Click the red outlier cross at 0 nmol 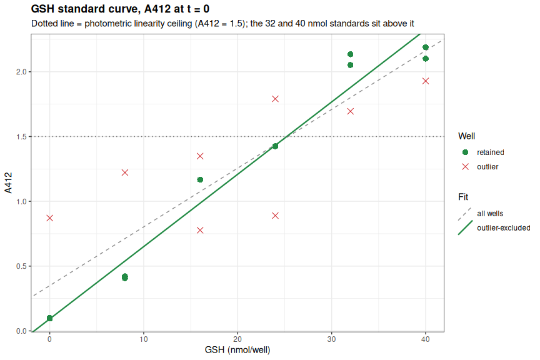point(49,218)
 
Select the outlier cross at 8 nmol point(125,172)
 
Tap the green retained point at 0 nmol point(49,318)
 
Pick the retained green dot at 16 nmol point(200,180)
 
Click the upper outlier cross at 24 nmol point(275,99)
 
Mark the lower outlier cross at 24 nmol point(275,216)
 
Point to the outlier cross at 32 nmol point(350,111)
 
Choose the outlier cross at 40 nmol point(426,81)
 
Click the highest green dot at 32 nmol point(350,54)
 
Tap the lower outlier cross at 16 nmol point(200,230)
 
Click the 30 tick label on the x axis point(331,339)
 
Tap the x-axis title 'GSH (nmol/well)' point(237,351)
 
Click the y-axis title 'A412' point(8,182)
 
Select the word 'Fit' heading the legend point(463,197)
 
